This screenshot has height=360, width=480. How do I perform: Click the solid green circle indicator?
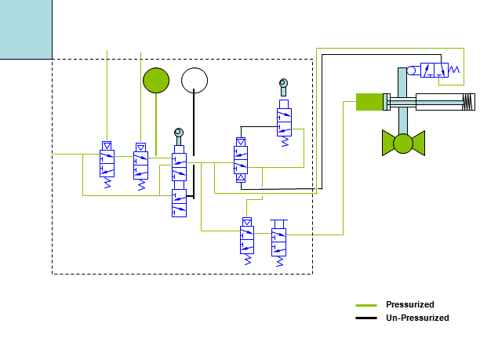coord(156,80)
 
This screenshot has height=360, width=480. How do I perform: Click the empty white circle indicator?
coord(194,80)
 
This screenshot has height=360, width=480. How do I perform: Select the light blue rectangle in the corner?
coord(26,29)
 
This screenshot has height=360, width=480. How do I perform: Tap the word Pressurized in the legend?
coord(409,304)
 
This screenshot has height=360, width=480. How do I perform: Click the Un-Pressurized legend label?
coord(417,318)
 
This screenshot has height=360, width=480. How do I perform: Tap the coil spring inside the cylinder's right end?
coord(468,101)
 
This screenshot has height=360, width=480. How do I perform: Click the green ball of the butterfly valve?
coord(403,144)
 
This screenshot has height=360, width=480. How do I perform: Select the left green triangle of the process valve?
coord(388,143)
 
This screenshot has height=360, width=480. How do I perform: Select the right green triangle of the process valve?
coord(417,143)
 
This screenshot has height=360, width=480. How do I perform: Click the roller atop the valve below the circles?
coord(179,132)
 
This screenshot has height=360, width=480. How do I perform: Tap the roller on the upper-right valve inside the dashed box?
coord(284,84)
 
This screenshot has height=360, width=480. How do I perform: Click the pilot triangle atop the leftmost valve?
coord(107,145)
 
